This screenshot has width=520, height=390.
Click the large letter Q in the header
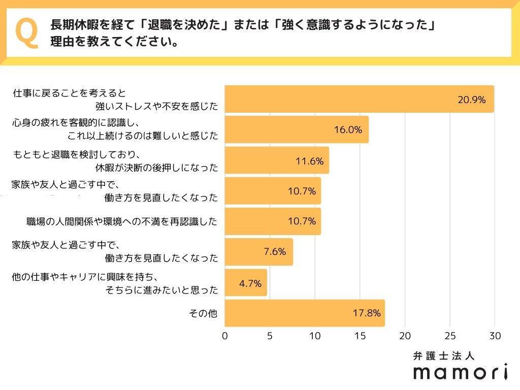(27, 33)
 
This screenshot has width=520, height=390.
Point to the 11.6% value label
(309, 160)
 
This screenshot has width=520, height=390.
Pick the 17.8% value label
(367, 313)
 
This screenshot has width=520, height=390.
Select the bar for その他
(305, 313)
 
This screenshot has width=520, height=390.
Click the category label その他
(203, 313)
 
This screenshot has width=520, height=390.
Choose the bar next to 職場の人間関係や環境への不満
(273, 221)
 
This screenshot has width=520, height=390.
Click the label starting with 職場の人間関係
(122, 221)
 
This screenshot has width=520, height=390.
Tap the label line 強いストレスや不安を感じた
(156, 106)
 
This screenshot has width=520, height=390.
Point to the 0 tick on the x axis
(225, 336)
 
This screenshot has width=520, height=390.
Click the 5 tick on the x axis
(270, 336)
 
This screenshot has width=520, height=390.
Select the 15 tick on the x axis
(360, 336)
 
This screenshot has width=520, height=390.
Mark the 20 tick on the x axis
(405, 336)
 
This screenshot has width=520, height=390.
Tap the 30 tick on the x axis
(495, 336)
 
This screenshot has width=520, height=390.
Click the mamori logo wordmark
(461, 372)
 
